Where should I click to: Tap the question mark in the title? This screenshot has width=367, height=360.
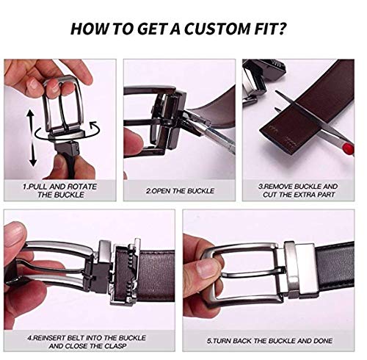point(280,28)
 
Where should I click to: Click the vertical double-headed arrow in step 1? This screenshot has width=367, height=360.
point(32,138)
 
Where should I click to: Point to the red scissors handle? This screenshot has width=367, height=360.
point(347,148)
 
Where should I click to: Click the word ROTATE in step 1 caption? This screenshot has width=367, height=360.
point(82,187)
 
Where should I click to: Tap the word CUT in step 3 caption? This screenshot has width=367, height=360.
point(270,195)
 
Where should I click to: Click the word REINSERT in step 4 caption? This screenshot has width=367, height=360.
point(48,338)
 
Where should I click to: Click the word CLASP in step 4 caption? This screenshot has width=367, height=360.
point(116,346)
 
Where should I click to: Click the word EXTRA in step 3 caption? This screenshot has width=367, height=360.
point(306,195)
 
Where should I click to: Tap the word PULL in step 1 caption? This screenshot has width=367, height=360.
point(38,187)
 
